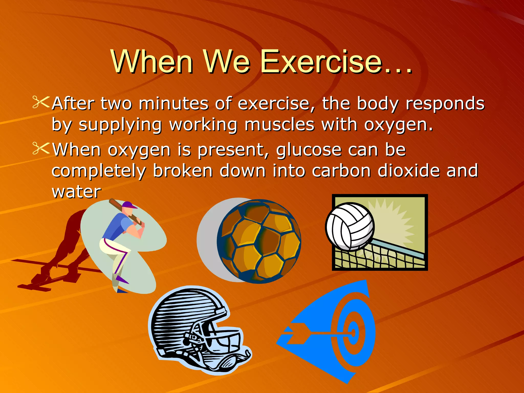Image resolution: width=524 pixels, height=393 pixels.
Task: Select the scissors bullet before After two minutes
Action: tap(40, 102)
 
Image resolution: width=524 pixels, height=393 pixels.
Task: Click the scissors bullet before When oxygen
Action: tap(40, 148)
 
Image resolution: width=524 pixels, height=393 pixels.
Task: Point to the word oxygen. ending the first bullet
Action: tap(398, 125)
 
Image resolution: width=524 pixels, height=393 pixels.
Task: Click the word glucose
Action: tap(309, 150)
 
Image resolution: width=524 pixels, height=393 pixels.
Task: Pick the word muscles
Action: tap(279, 125)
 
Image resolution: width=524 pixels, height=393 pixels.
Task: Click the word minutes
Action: tap(173, 104)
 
